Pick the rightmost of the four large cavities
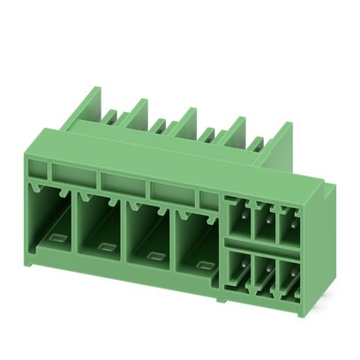(x=196, y=244)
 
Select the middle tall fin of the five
(x=185, y=123)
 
